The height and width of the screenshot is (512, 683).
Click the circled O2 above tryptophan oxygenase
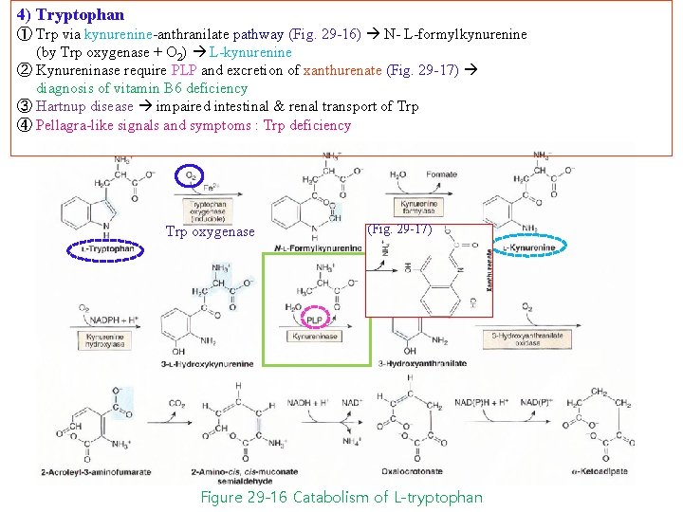click(x=191, y=174)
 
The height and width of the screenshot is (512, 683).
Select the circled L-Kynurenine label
click(x=530, y=248)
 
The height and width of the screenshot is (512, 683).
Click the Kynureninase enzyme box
click(x=316, y=337)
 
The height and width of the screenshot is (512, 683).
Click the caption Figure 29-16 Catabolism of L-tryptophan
click(x=341, y=498)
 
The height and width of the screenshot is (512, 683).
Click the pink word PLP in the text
click(x=183, y=70)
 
